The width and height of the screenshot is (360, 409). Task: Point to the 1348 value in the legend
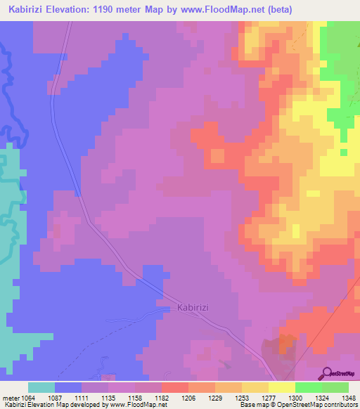(346, 398)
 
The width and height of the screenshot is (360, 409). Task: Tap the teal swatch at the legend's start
(41, 387)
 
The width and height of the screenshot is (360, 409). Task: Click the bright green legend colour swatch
(309, 387)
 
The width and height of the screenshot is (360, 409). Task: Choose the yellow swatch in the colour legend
(282, 387)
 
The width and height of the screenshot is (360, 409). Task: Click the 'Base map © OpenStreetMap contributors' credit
(298, 405)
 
